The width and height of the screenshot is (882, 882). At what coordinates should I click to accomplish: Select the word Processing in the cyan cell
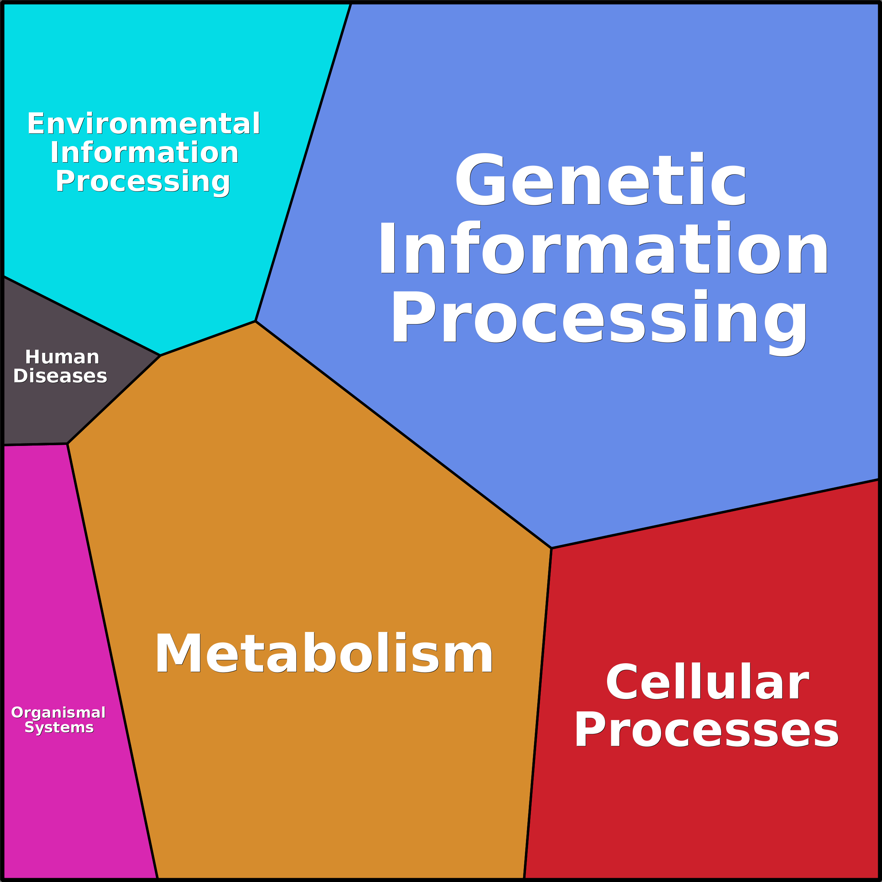(143, 181)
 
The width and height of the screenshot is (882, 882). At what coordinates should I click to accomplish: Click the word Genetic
(601, 179)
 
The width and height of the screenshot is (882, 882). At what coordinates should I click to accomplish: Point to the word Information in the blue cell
(603, 249)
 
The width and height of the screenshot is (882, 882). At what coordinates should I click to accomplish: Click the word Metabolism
(324, 654)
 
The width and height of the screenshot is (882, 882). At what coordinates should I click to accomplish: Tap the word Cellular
(707, 682)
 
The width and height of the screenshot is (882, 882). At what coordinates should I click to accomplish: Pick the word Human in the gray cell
(62, 357)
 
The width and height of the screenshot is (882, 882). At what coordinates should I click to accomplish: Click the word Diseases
(60, 376)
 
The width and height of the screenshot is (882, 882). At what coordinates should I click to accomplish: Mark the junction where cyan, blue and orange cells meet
(255, 321)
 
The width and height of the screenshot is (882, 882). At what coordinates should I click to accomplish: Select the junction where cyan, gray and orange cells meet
(160, 355)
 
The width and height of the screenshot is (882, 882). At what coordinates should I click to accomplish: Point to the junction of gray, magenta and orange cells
(67, 443)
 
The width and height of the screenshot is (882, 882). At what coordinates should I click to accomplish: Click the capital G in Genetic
(480, 179)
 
